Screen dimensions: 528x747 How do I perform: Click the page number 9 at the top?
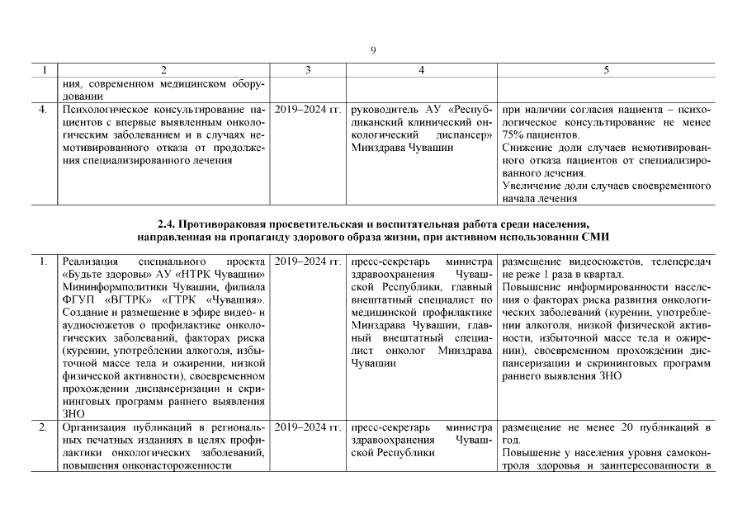(x=373, y=50)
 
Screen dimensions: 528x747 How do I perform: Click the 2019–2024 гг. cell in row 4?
(x=307, y=109)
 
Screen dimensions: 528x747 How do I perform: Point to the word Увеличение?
(x=533, y=186)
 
